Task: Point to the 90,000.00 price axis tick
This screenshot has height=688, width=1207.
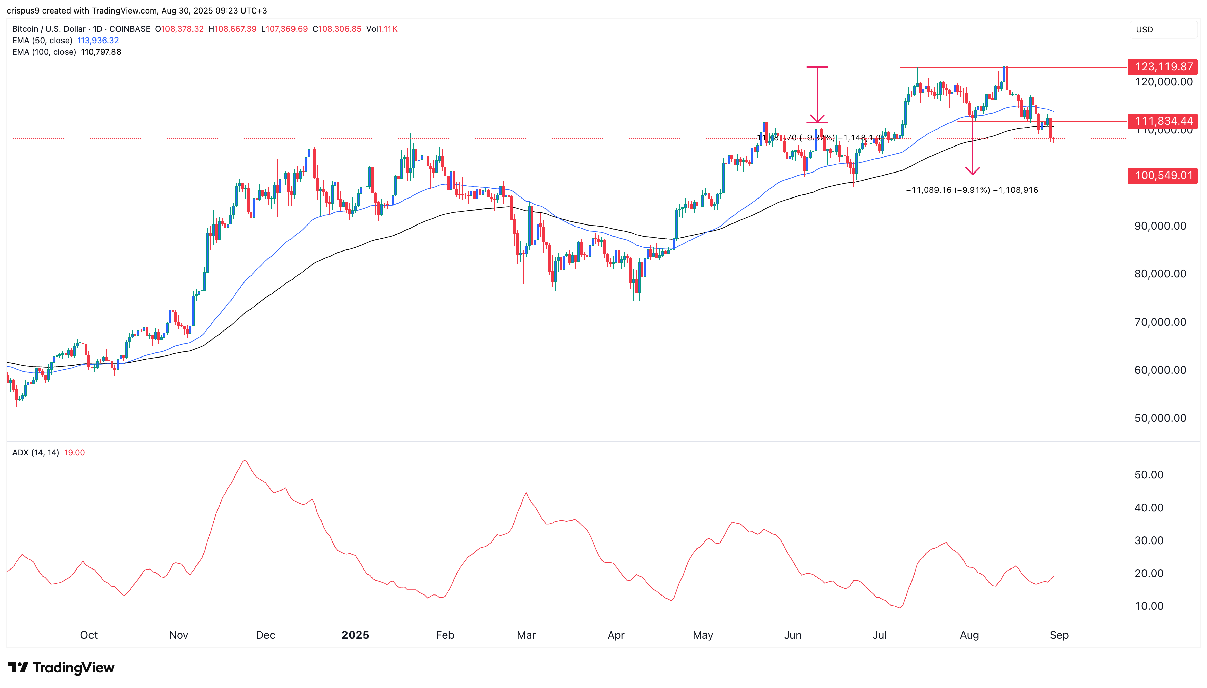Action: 1160,226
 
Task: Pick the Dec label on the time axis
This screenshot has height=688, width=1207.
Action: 265,635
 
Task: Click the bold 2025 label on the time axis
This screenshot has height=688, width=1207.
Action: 355,635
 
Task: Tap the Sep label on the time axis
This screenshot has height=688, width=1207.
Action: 1059,635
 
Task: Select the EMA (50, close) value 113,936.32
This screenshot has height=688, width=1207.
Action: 98,41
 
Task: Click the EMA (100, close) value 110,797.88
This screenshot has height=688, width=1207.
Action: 101,52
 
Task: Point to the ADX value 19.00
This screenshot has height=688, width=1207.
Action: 74,453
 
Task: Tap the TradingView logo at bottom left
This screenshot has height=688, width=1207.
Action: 61,668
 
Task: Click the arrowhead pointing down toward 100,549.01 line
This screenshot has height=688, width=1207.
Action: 972,171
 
